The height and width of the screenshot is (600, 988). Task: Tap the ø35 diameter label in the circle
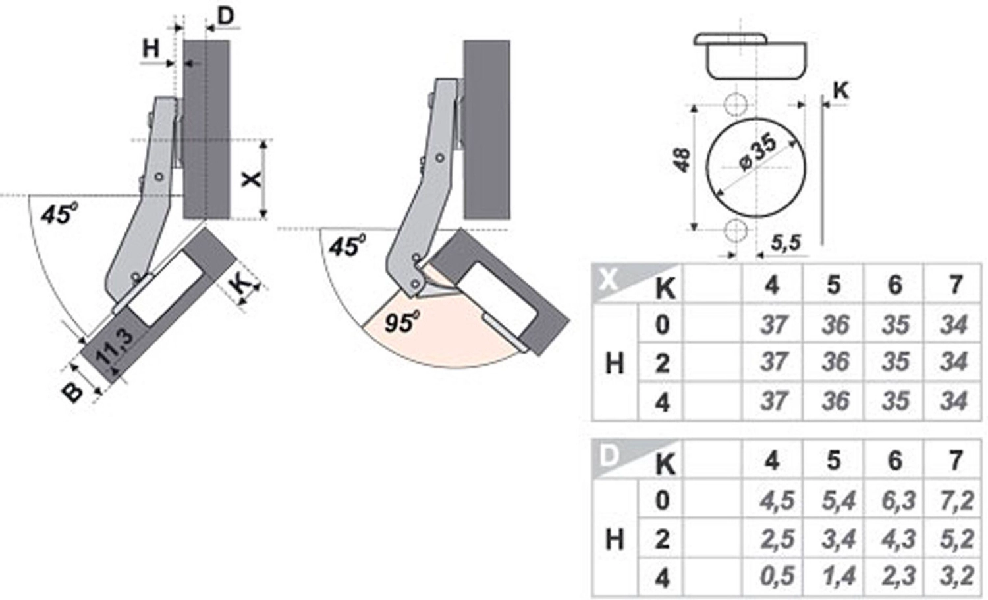pyautogui.click(x=757, y=153)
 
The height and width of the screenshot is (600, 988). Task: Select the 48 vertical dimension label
pyautogui.click(x=682, y=159)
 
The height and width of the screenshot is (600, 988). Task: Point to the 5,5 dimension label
pyautogui.click(x=786, y=243)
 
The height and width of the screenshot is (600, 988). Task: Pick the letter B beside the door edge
pyautogui.click(x=73, y=391)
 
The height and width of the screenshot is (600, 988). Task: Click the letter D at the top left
pyautogui.click(x=225, y=16)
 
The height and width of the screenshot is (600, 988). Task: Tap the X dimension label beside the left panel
pyautogui.click(x=251, y=178)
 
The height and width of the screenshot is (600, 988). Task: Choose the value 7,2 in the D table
pyautogui.click(x=956, y=501)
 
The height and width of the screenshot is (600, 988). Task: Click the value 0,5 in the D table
pyautogui.click(x=777, y=577)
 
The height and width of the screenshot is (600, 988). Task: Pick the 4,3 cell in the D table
pyautogui.click(x=895, y=539)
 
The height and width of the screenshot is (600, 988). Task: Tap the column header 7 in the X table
pyautogui.click(x=956, y=285)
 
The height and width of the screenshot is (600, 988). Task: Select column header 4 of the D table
pyautogui.click(x=771, y=460)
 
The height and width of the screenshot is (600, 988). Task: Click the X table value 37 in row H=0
pyautogui.click(x=773, y=324)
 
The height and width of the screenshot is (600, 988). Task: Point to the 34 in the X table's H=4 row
pyautogui.click(x=954, y=400)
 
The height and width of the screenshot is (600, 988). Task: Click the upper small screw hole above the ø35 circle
pyautogui.click(x=734, y=103)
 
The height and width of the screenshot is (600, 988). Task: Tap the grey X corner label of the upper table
pyautogui.click(x=609, y=279)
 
